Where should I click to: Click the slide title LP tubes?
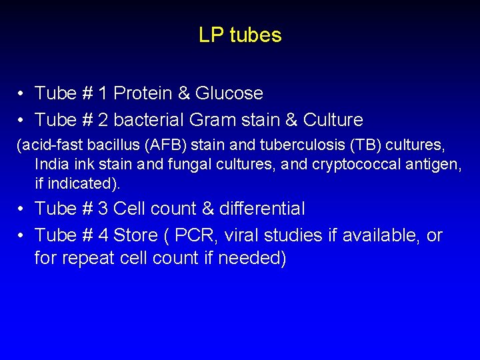240,35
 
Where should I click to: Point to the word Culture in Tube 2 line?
333,120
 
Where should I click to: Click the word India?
51,163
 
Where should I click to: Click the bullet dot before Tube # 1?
22,94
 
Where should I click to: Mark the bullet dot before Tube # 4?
22,236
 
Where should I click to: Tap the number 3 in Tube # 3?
103,209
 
